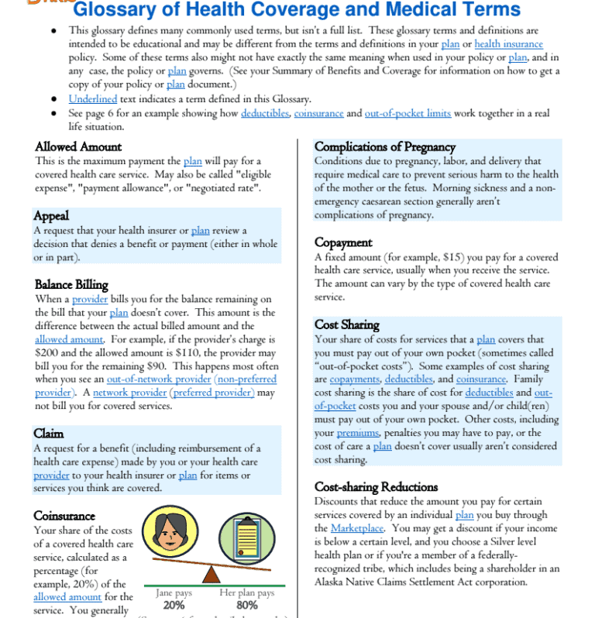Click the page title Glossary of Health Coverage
pyautogui.click(x=296, y=11)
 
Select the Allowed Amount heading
pyautogui.click(x=78, y=146)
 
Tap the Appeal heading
pyautogui.click(x=52, y=215)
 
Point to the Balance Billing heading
pyautogui.click(x=71, y=284)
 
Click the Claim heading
pyautogui.click(x=49, y=433)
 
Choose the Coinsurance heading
pyautogui.click(x=64, y=515)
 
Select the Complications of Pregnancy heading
pyautogui.click(x=384, y=146)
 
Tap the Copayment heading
pyautogui.click(x=343, y=242)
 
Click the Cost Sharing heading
pyautogui.click(x=346, y=324)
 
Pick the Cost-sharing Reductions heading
pyautogui.click(x=376, y=486)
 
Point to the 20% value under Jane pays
pyautogui.click(x=174, y=605)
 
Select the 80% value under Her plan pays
pyautogui.click(x=246, y=605)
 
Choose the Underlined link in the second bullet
pyautogui.click(x=92, y=98)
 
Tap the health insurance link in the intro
pyautogui.click(x=508, y=44)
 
